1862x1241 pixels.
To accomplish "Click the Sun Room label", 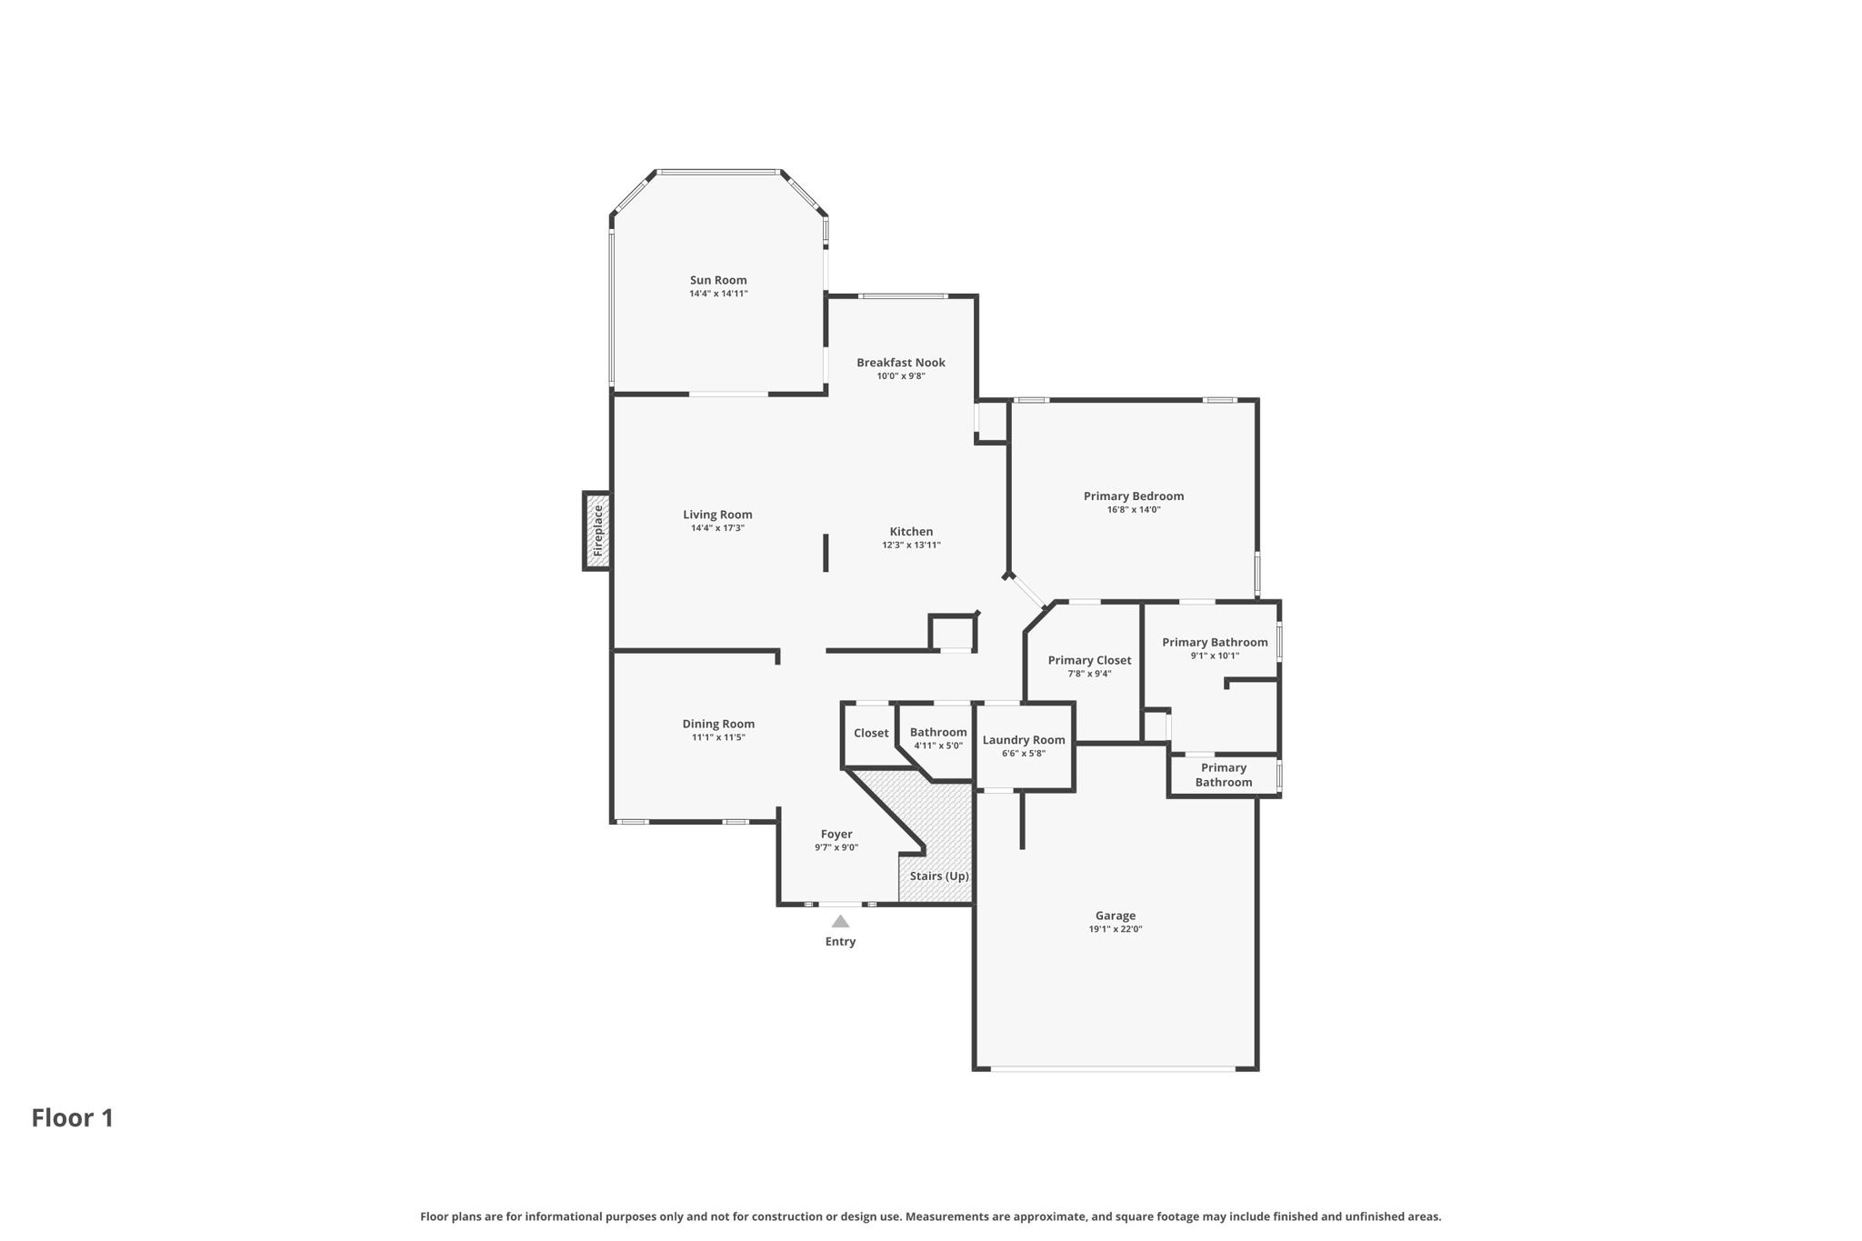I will point(717,280).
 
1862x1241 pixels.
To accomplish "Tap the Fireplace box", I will point(597,531).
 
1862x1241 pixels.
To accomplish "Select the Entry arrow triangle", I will point(840,922).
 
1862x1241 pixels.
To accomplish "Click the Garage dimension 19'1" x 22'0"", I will point(1115,929).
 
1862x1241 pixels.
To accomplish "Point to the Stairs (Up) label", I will point(939,876).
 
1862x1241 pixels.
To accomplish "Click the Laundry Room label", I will point(1023,740).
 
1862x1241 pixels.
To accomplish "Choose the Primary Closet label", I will point(1089,660).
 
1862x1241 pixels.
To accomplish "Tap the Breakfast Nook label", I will point(900,363).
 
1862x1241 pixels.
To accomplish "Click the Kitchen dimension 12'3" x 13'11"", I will point(911,545).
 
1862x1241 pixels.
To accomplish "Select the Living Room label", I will point(717,515).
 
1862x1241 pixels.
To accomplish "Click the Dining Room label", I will point(718,724).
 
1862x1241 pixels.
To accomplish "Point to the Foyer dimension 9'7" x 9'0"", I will point(836,847).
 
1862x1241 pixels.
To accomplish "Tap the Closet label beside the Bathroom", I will point(871,733).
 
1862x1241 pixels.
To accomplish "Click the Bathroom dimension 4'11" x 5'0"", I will point(938,746).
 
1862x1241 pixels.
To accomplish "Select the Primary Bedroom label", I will point(1133,496).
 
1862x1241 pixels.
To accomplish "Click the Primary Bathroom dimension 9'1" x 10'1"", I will point(1215,656).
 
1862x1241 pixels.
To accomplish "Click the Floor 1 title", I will point(73,1118).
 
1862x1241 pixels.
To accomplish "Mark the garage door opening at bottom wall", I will point(1113,1068).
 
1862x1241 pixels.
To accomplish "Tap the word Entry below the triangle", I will point(840,942).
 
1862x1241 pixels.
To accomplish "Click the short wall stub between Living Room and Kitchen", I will point(826,553).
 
